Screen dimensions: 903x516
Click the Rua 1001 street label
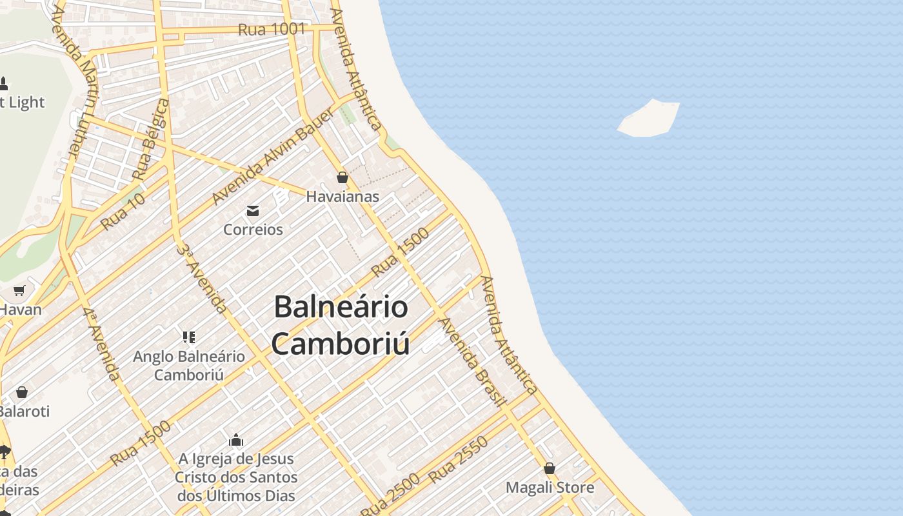click(272, 29)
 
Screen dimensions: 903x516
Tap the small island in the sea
click(649, 118)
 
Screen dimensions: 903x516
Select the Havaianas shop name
click(342, 196)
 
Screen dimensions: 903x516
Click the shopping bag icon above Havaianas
click(342, 177)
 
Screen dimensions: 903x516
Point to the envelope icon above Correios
click(253, 211)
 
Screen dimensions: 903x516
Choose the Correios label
click(253, 229)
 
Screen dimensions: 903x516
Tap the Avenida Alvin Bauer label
click(273, 156)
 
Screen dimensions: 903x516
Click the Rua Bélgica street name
click(151, 139)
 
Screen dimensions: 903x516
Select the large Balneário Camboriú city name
click(341, 325)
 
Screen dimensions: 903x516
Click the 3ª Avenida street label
click(202, 279)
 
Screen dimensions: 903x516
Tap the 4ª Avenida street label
click(101, 344)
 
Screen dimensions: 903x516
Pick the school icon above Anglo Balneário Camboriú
click(189, 337)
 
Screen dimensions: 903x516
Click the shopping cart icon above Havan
click(19, 291)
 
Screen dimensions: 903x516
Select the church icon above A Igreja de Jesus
click(236, 441)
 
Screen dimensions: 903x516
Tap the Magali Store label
click(550, 487)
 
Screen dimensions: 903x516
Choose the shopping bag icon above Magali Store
click(550, 468)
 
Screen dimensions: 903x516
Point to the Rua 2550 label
click(459, 461)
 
